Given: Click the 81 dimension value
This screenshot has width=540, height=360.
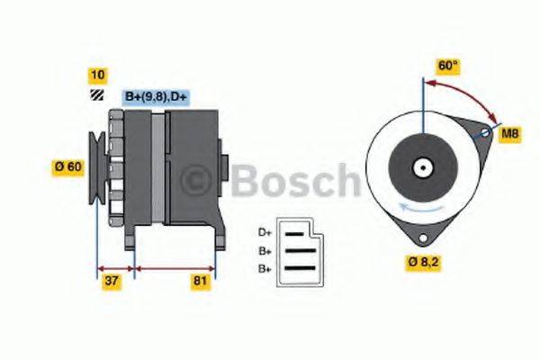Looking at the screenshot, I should pyautogui.click(x=201, y=283).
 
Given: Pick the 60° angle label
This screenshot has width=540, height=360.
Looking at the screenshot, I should pyautogui.click(x=448, y=67).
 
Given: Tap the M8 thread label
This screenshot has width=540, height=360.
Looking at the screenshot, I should pyautogui.click(x=510, y=134).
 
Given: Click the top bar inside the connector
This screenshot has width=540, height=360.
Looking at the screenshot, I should pyautogui.click(x=298, y=234).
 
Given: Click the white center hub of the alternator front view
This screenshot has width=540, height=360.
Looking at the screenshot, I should pyautogui.click(x=420, y=167).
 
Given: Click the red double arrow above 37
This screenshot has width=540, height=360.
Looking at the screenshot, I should pyautogui.click(x=114, y=267).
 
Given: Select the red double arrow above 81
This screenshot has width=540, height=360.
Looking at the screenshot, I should pyautogui.click(x=175, y=267).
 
